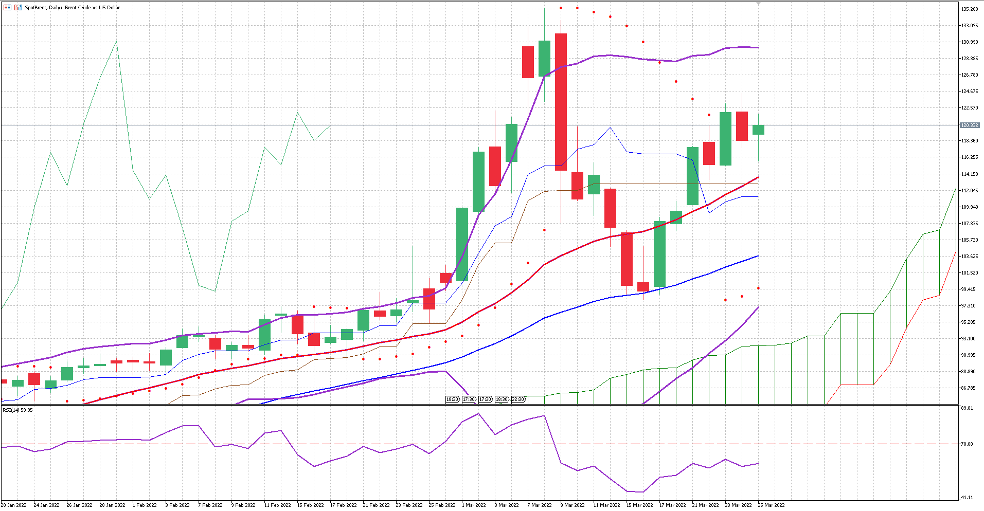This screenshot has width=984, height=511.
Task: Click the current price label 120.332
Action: point(970,125)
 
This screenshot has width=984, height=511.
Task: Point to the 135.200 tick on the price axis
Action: point(970,9)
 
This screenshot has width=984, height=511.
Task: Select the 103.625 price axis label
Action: point(970,257)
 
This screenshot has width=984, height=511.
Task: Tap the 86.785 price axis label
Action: point(969,388)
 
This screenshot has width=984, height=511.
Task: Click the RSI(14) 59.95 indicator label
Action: point(18,410)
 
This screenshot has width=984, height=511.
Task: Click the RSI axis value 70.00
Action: point(967,444)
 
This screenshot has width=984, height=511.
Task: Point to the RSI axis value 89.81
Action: point(967,408)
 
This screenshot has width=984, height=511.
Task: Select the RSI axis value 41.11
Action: point(967,498)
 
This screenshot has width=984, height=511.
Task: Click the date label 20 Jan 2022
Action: point(14,505)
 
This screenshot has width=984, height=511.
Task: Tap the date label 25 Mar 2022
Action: point(771,505)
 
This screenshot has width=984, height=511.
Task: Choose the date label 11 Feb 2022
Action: point(277,505)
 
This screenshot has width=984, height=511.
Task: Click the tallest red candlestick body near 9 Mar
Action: point(561,102)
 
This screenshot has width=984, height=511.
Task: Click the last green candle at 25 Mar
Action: point(758,130)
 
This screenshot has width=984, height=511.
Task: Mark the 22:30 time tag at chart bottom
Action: point(518,399)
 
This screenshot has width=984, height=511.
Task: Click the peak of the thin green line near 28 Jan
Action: point(117,42)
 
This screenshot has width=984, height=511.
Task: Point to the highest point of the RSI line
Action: point(479,414)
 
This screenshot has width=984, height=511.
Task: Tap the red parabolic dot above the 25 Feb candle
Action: point(445,341)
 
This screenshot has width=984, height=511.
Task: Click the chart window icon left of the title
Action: point(7,8)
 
